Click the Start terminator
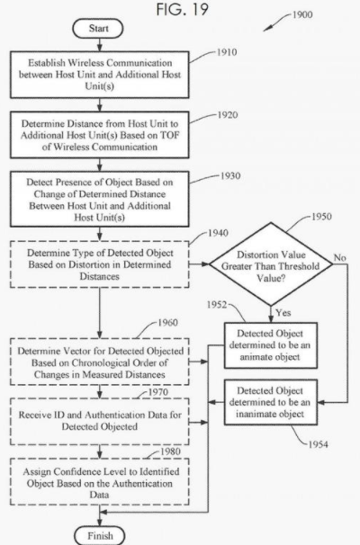[98, 29]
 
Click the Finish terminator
[100, 536]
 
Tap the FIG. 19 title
[183, 9]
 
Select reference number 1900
[301, 14]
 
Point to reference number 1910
[227, 52]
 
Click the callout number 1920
[228, 115]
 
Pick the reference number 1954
[319, 444]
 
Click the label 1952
[217, 305]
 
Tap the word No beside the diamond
[339, 257]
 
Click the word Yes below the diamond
[283, 312]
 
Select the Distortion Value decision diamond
[271, 264]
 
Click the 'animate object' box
[271, 345]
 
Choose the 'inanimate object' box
[271, 402]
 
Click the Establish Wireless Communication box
[100, 75]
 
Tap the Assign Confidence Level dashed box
[100, 482]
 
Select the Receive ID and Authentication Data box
[100, 421]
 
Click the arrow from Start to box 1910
[100, 44]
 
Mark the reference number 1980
[170, 451]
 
